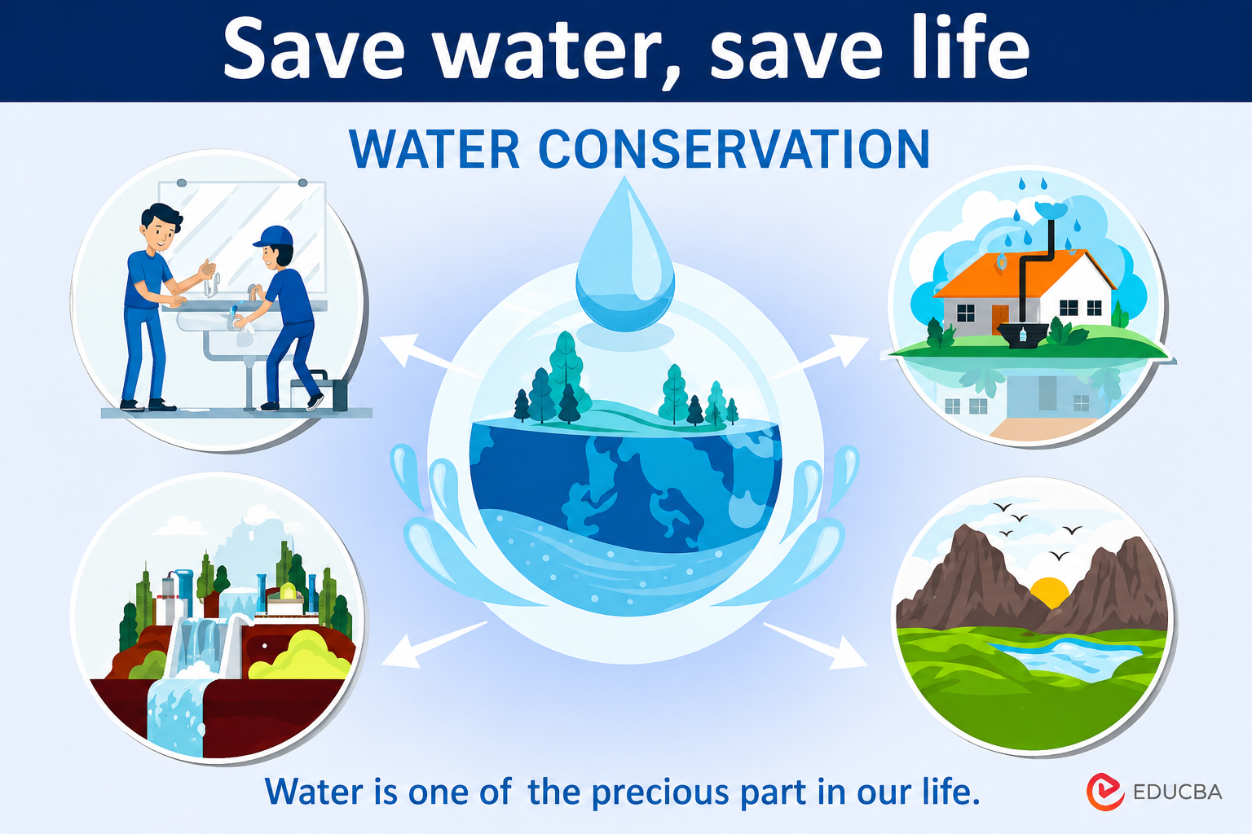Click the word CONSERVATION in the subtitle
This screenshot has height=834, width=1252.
coord(734,149)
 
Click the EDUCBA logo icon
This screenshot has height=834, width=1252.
coord(1105,792)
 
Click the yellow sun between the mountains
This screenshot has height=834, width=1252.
coord(1049,592)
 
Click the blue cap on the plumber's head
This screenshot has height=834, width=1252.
coord(274,235)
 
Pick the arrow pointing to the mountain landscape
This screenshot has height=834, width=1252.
coord(815,645)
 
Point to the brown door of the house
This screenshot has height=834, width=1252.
coord(1000,319)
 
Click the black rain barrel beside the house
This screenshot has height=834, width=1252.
coord(1022,335)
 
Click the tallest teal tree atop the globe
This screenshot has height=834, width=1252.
coord(567,371)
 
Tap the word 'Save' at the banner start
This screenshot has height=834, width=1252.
coord(314,49)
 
